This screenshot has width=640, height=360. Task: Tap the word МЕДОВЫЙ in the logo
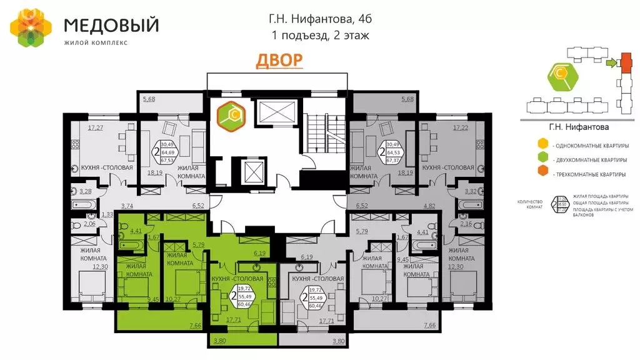coord(112,26)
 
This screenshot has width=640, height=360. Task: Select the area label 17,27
coord(95,128)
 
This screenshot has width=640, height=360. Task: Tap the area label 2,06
coord(89,223)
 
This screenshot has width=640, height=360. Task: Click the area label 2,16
coord(466,223)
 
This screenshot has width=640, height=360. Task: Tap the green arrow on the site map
coord(611,62)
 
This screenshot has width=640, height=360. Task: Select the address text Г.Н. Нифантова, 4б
coord(321,21)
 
